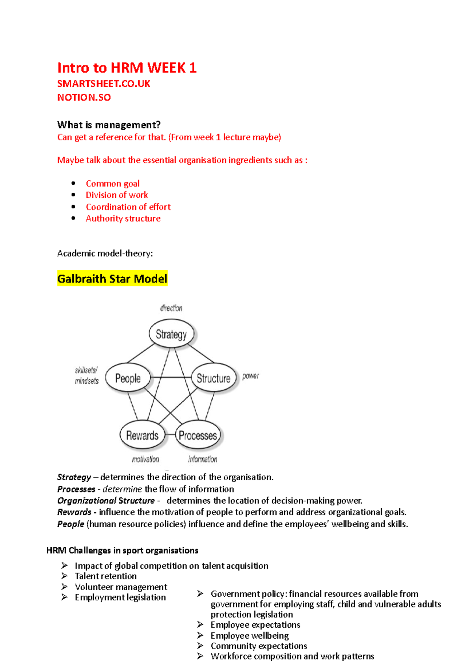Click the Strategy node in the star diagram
[171, 334]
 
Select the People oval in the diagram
[128, 378]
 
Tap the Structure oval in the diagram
[213, 378]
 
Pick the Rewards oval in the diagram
[142, 435]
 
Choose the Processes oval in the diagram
[198, 435]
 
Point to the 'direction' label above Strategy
[171, 308]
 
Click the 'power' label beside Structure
[251, 376]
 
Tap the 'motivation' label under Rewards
[145, 459]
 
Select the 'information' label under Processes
[203, 459]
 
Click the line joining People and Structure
[171, 377]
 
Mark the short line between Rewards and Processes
[170, 435]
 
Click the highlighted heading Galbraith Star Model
[112, 279]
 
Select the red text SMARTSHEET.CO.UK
[104, 84]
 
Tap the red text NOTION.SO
[84, 97]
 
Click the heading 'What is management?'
[109, 125]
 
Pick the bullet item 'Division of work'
[117, 195]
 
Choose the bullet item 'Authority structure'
[123, 218]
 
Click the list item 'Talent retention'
[106, 576]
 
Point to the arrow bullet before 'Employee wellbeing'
[200, 635]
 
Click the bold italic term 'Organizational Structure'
[106, 500]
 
